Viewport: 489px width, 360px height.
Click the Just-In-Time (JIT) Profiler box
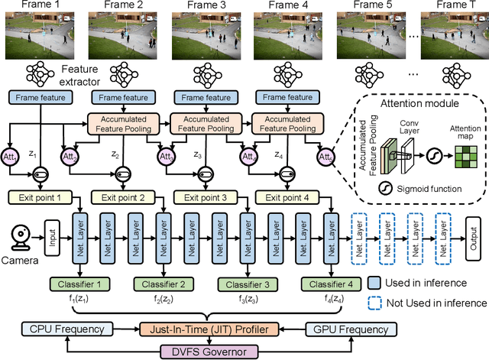[x=209, y=330]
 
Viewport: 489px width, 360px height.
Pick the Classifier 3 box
[x=245, y=284]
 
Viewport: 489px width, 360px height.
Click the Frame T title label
[x=452, y=5]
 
